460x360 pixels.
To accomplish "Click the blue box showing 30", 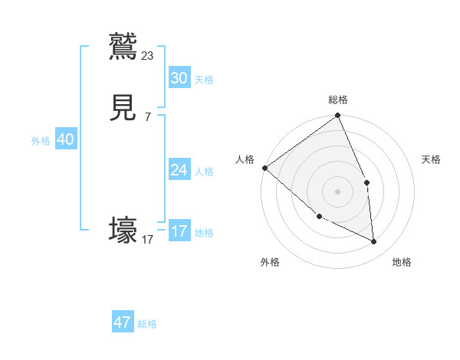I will click(x=179, y=78).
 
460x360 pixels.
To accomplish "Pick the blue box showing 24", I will click(x=179, y=170).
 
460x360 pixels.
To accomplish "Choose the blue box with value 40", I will click(x=65, y=139).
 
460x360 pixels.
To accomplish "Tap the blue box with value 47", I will click(x=123, y=322).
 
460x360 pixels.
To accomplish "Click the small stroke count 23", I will click(x=148, y=55).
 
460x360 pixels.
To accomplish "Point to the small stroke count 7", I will click(x=147, y=117).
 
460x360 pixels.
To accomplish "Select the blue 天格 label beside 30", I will click(x=204, y=80).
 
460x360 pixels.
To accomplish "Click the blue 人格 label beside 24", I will click(x=204, y=172).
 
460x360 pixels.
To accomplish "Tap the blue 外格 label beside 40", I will click(x=41, y=141).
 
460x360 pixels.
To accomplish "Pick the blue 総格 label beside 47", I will click(x=147, y=324).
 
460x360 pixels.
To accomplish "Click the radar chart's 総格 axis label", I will click(x=338, y=100).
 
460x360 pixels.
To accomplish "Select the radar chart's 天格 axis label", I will click(x=432, y=159).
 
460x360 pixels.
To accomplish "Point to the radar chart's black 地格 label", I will click(x=402, y=262).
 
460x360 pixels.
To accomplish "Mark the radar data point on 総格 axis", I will click(x=338, y=116).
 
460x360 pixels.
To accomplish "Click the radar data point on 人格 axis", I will click(x=264, y=168).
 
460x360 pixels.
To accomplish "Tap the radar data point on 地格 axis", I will click(x=374, y=241).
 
